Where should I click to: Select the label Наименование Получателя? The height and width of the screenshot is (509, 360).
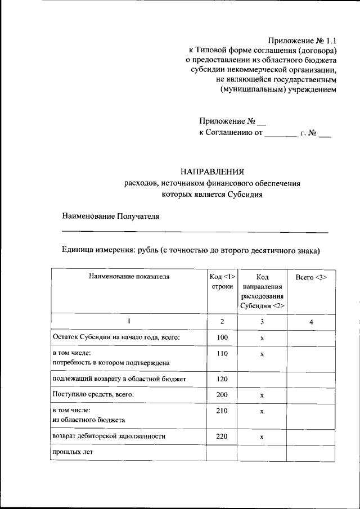pos(111,215)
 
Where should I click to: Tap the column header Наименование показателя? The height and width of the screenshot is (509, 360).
pos(128,276)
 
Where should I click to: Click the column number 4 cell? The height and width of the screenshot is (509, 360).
pos(311,321)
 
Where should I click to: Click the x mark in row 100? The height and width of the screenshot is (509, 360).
pos(262,338)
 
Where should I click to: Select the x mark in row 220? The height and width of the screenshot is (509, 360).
pos(262,437)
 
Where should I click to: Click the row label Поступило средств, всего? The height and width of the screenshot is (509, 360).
pos(93,395)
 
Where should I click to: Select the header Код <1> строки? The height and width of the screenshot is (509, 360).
pos(222,281)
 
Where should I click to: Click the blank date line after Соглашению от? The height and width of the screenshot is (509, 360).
pos(280,135)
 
